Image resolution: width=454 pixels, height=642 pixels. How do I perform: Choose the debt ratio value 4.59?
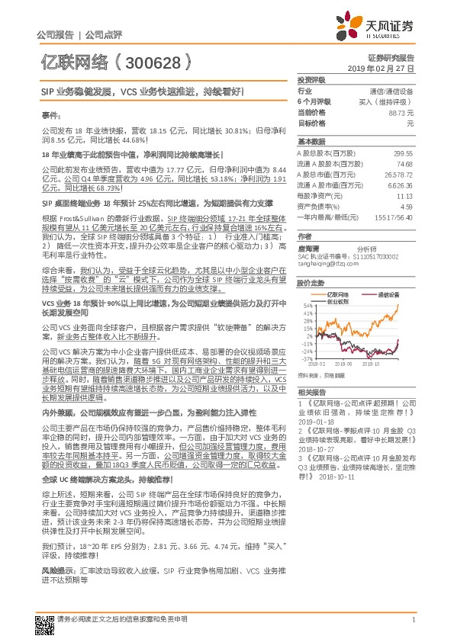(407, 206)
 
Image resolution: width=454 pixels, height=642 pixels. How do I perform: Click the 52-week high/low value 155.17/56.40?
(394, 217)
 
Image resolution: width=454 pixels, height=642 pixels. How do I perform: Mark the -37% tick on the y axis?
(308, 358)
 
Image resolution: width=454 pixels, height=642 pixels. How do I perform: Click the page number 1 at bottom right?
(412, 620)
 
